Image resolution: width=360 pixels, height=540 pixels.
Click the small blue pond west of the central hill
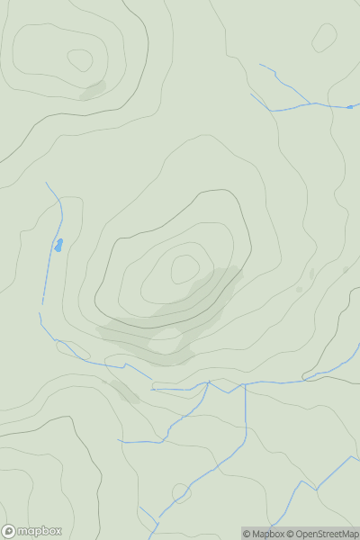tap(58, 245)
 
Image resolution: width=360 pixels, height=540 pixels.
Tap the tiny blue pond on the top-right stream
tap(349, 107)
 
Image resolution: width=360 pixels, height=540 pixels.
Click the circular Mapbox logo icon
tap(10, 531)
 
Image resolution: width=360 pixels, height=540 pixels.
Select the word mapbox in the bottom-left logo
tap(40, 531)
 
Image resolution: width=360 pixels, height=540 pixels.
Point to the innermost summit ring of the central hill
tap(184, 268)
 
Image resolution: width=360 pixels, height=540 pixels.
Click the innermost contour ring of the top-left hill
tap(80, 60)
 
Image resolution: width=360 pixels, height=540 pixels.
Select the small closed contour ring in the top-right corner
tap(324, 37)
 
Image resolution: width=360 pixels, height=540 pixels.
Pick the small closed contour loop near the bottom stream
tap(181, 493)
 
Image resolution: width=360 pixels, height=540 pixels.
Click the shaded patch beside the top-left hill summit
tap(93, 90)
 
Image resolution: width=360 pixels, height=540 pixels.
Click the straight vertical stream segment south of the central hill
tap(245, 418)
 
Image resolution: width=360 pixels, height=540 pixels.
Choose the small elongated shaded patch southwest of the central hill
tap(121, 391)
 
